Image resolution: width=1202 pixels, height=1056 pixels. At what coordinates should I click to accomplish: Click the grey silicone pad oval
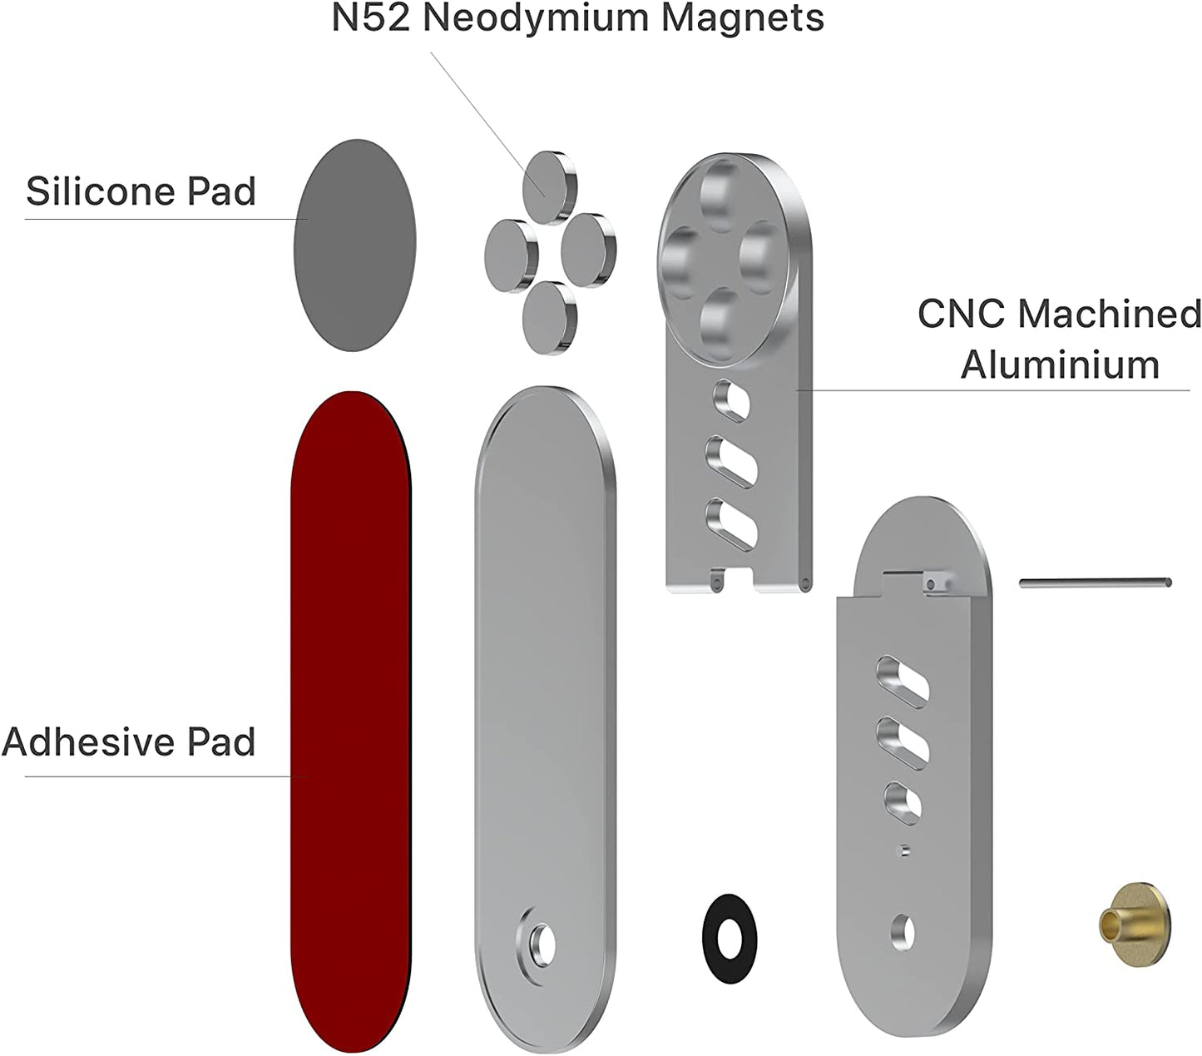(354, 244)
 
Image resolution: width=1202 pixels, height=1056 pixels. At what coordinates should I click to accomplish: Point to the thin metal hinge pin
(1095, 583)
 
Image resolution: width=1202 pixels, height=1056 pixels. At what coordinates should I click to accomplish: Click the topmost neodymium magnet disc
(546, 186)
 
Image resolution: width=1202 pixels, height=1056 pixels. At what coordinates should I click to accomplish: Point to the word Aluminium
(1060, 364)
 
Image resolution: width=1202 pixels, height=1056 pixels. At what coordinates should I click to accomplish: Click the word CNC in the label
(960, 314)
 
